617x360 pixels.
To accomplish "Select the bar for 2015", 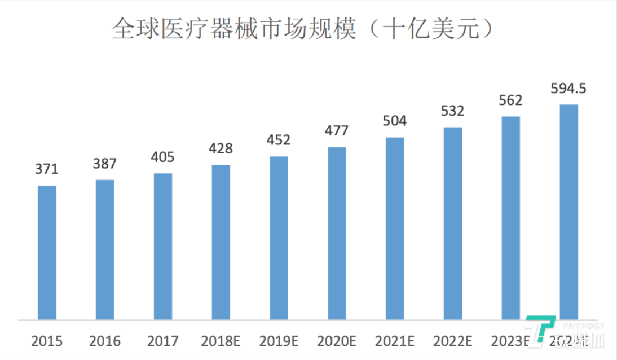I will click(x=47, y=253).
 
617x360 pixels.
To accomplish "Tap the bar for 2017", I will click(x=163, y=247).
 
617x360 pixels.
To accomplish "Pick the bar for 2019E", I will click(x=279, y=238).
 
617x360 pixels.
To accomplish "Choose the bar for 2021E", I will click(x=395, y=229).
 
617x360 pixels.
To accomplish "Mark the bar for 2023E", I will click(x=510, y=218).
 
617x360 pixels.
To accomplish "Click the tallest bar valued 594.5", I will click(x=568, y=212).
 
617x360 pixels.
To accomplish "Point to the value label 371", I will click(x=47, y=169).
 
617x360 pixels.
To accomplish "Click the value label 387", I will click(x=105, y=164).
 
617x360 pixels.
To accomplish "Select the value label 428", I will click(x=221, y=149).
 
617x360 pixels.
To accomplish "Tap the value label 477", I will click(x=337, y=131).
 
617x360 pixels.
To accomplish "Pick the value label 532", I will click(x=452, y=111).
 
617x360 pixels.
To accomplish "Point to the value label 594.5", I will click(x=568, y=89).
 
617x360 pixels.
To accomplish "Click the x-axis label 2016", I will click(x=105, y=341).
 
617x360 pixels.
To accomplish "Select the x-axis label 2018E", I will click(x=221, y=341).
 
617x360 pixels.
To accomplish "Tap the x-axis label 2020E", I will click(x=337, y=341).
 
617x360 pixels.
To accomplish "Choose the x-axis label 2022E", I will click(x=452, y=341).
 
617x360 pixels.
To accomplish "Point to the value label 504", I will click(x=395, y=121).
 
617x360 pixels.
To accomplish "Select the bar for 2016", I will click(x=105, y=250).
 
